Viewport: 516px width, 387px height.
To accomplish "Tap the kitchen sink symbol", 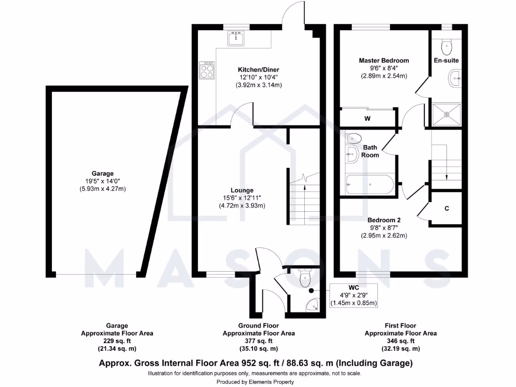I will click(235, 37).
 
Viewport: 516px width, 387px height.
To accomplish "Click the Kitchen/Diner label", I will click(259, 70).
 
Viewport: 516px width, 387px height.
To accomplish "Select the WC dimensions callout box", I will click(353, 296).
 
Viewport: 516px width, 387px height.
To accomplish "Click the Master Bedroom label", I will click(383, 60).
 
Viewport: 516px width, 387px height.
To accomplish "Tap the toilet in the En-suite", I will click(446, 47).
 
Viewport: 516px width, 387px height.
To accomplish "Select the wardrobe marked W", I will click(368, 119).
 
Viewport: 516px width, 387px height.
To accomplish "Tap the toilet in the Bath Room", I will click(353, 138).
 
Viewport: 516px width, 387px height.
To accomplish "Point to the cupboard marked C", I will click(446, 208).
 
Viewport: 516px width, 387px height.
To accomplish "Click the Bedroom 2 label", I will click(383, 220).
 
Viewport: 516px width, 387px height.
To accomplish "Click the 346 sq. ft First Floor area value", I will click(401, 341).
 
